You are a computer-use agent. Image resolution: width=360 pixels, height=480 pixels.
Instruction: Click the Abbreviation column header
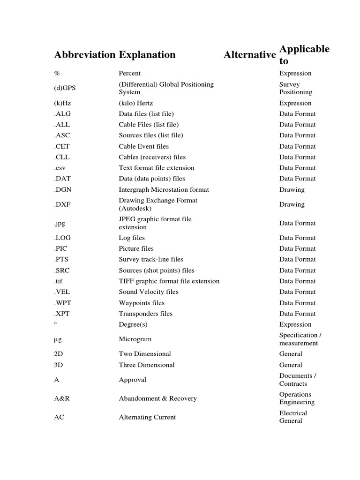pyautogui.click(x=84, y=55)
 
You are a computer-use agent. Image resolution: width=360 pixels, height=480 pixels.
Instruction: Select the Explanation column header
pyautogui.click(x=147, y=55)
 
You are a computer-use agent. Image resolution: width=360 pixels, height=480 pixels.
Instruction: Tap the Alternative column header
pyautogui.click(x=249, y=55)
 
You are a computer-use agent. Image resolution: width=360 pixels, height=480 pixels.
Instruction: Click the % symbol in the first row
pyautogui.click(x=57, y=73)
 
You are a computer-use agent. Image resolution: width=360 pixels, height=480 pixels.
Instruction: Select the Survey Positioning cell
pyautogui.click(x=295, y=88)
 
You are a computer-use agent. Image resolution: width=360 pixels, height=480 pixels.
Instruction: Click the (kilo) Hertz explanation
pyautogui.click(x=136, y=103)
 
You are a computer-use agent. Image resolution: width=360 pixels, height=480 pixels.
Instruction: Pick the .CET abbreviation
pyautogui.click(x=62, y=146)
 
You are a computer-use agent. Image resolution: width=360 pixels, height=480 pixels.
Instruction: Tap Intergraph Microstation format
pyautogui.click(x=164, y=189)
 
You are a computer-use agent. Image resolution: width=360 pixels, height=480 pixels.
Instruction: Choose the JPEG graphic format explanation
pyautogui.click(x=155, y=223)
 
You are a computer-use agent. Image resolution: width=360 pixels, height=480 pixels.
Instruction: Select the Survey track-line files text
pyautogui.click(x=151, y=259)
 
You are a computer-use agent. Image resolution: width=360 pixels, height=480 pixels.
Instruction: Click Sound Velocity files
pyautogui.click(x=149, y=292)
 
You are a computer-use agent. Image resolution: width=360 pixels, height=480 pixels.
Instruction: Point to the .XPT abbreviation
pyautogui.click(x=62, y=314)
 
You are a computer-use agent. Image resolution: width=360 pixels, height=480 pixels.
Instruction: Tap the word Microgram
pyautogui.click(x=135, y=339)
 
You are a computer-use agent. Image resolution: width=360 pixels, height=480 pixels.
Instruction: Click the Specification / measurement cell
pyautogui.click(x=300, y=339)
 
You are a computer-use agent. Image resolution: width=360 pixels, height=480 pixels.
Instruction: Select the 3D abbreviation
pyautogui.click(x=59, y=365)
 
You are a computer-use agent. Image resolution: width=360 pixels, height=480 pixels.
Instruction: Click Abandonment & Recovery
pyautogui.click(x=157, y=398)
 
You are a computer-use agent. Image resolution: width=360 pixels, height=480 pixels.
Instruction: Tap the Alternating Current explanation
pyautogui.click(x=147, y=417)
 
